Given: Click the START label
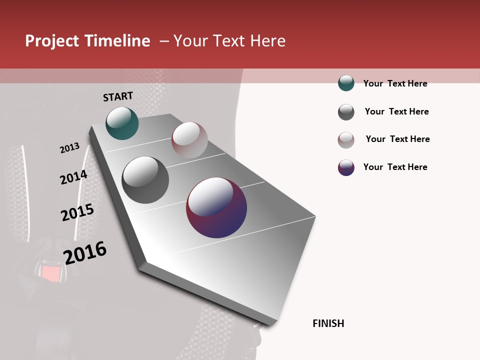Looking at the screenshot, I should point(118,96).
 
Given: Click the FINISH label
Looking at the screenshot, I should point(328,323).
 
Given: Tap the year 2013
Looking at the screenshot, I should point(69,148).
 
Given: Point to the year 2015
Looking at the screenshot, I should point(77,212).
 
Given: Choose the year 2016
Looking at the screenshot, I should point(85,253).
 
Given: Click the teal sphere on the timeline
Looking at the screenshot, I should point(122,123).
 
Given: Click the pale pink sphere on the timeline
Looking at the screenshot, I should point(189,140).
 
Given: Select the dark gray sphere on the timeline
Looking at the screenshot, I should point(145,180).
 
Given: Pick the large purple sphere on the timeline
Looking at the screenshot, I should point(216,207).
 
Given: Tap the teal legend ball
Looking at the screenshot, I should point(346,83).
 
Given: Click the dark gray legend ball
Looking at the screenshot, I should point(346,112).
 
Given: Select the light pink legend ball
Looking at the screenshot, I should point(346,140).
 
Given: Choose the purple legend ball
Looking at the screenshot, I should point(346,167).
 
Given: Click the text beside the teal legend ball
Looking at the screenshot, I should point(395,83).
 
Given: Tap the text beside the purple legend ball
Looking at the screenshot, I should point(395,167).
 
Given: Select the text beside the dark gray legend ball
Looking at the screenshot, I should point(396,111).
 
